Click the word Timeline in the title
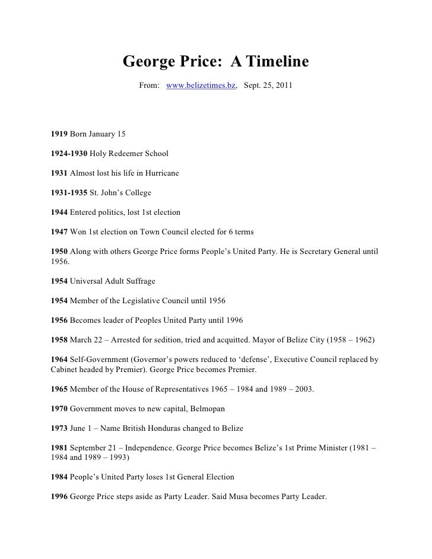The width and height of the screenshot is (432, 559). click(x=277, y=62)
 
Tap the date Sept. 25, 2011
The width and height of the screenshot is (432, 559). click(x=268, y=87)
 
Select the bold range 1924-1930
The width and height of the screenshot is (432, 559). click(x=69, y=154)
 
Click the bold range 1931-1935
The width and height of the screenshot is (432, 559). click(x=69, y=193)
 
